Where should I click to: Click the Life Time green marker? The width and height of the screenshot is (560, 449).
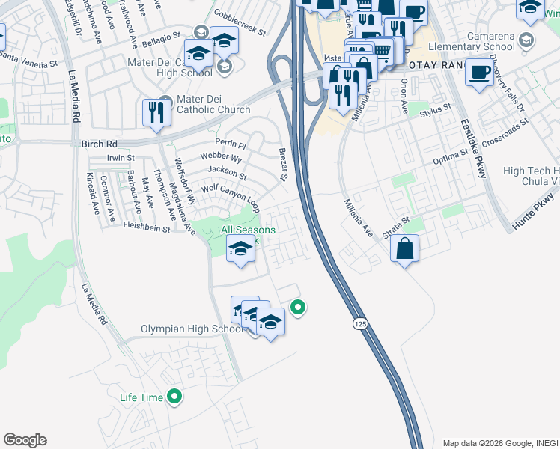174,397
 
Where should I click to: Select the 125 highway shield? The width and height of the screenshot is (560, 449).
359,322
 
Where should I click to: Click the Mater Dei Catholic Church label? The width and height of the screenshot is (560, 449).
204,104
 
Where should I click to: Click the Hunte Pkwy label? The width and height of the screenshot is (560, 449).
535,213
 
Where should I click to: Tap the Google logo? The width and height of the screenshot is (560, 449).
25,440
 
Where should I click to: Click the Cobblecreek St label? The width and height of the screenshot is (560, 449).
240,23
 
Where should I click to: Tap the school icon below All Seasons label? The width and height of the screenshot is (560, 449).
240,251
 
